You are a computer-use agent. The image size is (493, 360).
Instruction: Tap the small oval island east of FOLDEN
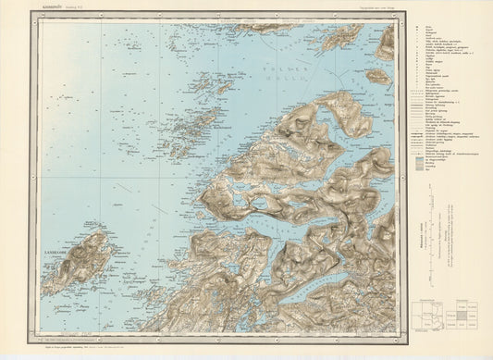(376, 76)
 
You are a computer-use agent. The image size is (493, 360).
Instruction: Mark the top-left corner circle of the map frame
(40, 20)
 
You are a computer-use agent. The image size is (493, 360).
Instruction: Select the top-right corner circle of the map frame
(395, 20)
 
